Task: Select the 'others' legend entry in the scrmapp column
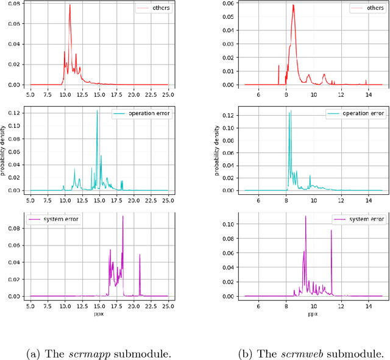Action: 152,9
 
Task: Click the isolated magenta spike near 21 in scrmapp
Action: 140,255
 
